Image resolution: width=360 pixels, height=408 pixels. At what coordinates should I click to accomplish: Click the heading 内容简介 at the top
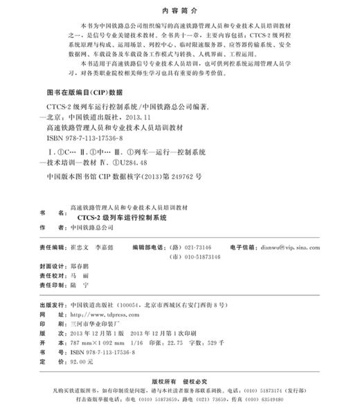click(179, 12)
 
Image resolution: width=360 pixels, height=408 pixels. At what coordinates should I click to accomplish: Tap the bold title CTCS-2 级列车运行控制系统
click(123, 216)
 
